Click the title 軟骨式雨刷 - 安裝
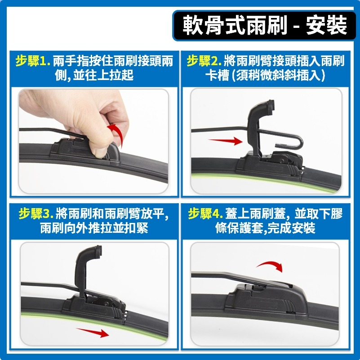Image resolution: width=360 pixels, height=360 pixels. coord(265,26)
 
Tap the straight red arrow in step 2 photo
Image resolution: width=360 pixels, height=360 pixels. coord(225,142)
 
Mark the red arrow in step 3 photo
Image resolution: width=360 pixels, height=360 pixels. coord(92,333)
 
